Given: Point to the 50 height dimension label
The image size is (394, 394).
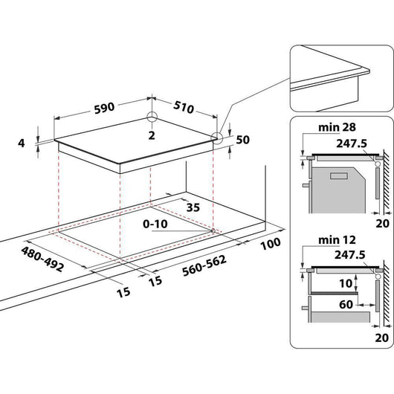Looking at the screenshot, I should coord(242,140).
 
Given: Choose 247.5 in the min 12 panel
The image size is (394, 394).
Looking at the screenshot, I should coord(352,255).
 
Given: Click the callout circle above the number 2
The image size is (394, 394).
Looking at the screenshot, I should coord(152,117).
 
